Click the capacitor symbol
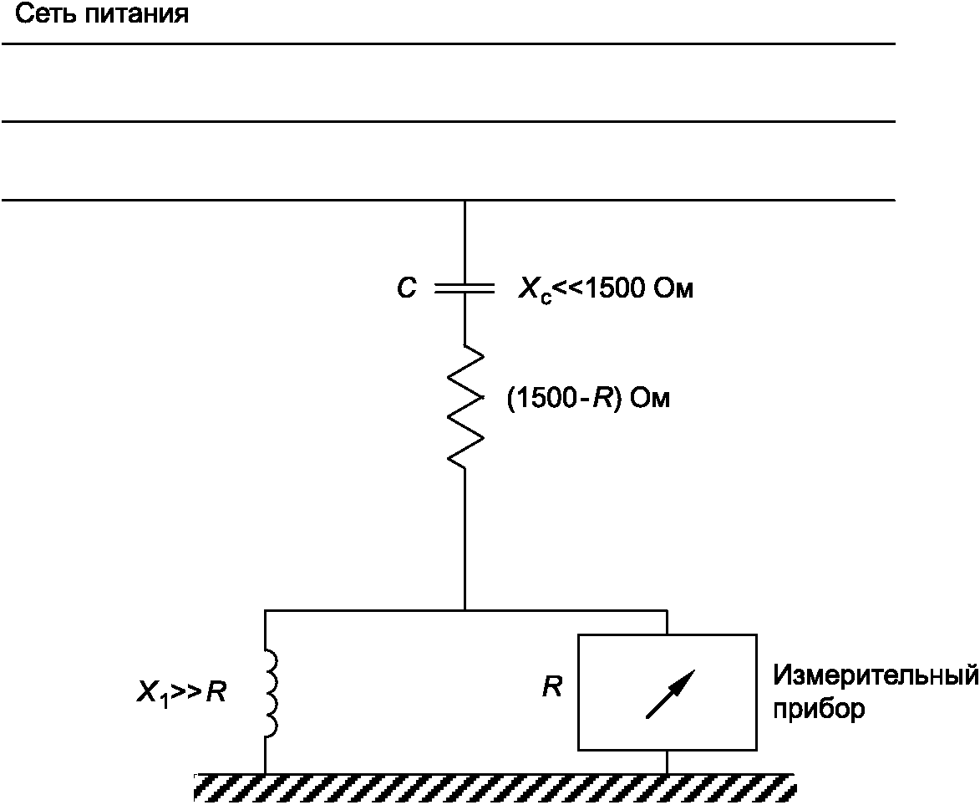(x=465, y=289)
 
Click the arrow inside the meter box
(x=670, y=693)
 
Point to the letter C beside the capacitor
(x=406, y=290)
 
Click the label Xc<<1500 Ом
(x=606, y=291)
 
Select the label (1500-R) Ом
(x=588, y=399)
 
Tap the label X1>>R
(x=180, y=693)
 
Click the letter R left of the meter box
(x=551, y=688)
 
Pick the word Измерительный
(x=876, y=675)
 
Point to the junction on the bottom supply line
(x=465, y=201)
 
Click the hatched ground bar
(x=493, y=787)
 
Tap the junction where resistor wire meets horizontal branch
(x=465, y=610)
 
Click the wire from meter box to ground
(x=667, y=761)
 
